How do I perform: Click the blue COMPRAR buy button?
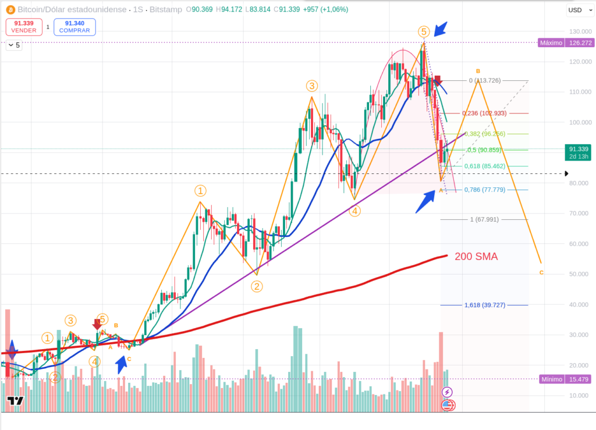[x=74, y=27]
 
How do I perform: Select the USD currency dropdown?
[x=577, y=10]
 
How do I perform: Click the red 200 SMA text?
[x=476, y=257]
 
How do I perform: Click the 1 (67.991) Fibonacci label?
[x=484, y=219]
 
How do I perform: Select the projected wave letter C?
[x=542, y=272]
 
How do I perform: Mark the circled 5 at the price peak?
[x=424, y=31]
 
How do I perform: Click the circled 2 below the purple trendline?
[x=256, y=286]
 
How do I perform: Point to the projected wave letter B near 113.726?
[x=478, y=71]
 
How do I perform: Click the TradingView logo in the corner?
[x=15, y=401]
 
